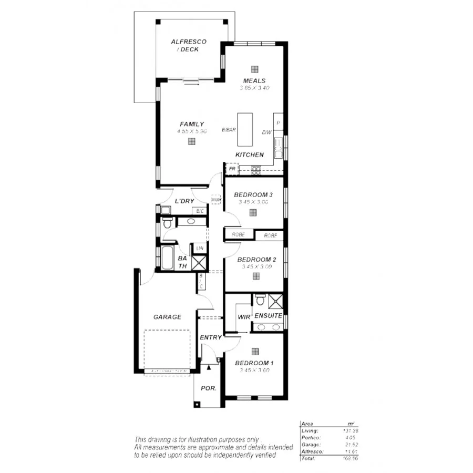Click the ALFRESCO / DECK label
click(x=188, y=45)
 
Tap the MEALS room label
click(x=254, y=80)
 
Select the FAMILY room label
click(x=191, y=124)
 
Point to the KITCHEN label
click(x=249, y=155)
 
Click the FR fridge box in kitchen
click(x=231, y=169)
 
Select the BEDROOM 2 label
click(x=256, y=260)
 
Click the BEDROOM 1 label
click(x=254, y=364)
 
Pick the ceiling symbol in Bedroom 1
click(x=255, y=352)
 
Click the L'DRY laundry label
click(x=184, y=201)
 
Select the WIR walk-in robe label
click(x=243, y=316)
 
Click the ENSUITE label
click(x=269, y=316)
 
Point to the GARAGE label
click(x=167, y=317)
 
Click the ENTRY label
click(x=211, y=337)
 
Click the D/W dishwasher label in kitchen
click(x=266, y=132)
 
